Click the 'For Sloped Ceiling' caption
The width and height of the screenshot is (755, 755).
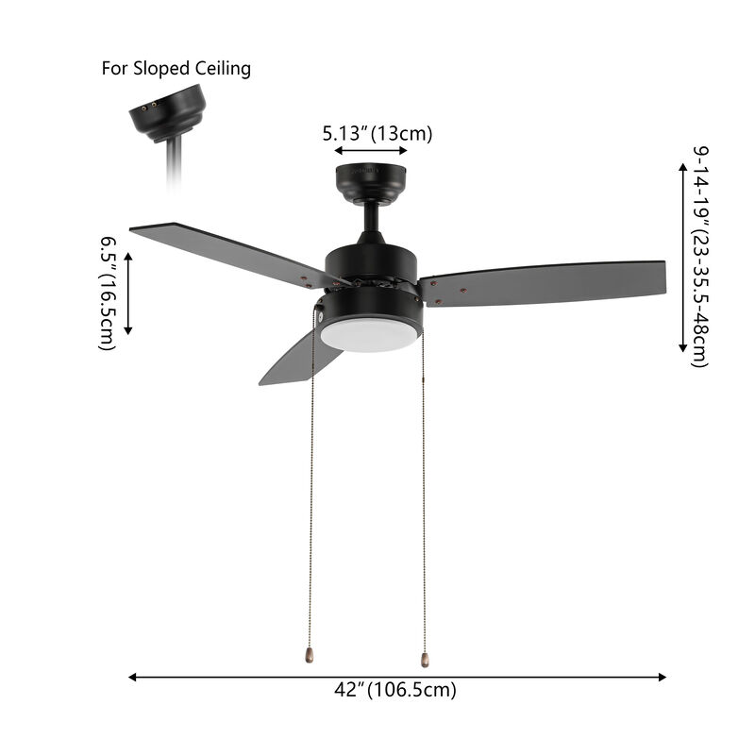[x=176, y=69]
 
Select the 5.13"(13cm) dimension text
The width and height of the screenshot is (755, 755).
[x=377, y=133]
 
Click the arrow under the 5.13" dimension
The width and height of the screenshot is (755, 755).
[x=371, y=150]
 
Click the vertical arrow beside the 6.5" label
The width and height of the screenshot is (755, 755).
[x=129, y=294]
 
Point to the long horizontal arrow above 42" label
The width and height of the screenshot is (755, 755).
[x=397, y=677]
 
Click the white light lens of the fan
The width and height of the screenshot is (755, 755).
[x=368, y=335]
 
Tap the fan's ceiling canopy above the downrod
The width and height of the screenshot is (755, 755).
[x=371, y=182]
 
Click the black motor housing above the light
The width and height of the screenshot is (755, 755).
[x=372, y=264]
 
